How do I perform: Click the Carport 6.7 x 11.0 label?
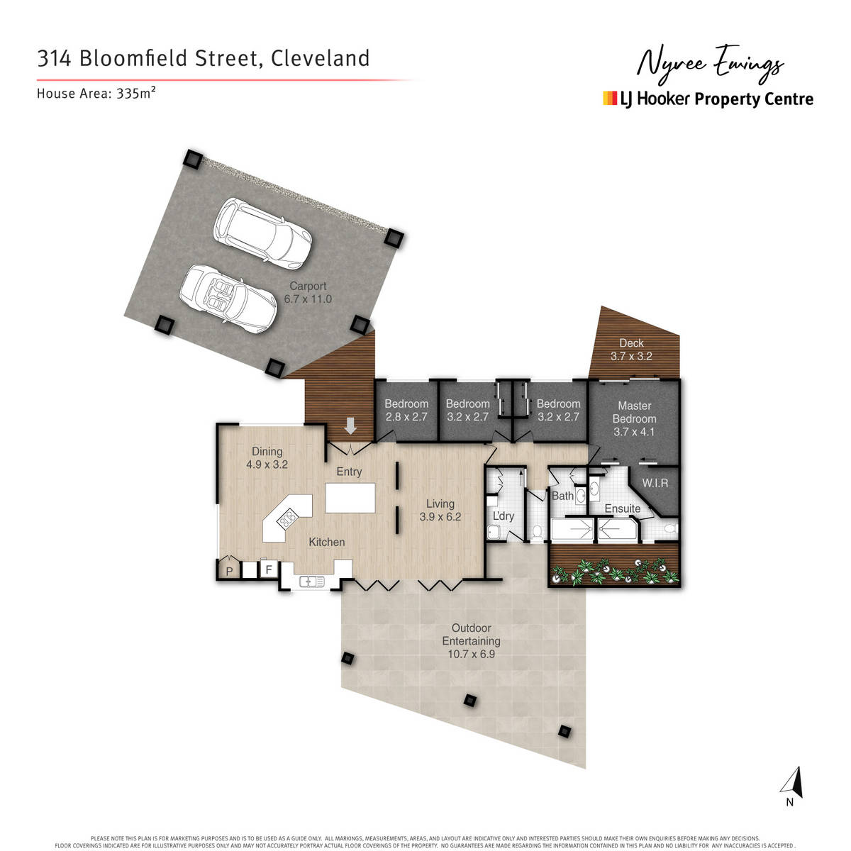click(x=308, y=292)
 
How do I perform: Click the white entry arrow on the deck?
click(x=350, y=426)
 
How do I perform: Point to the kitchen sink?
click(x=312, y=582)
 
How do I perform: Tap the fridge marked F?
click(x=269, y=569)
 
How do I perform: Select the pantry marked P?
click(x=229, y=570)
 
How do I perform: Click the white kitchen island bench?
click(x=350, y=497)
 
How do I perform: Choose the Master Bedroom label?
click(x=634, y=418)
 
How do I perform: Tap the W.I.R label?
click(x=655, y=483)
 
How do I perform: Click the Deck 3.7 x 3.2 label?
click(x=631, y=350)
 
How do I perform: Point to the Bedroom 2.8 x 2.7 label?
click(x=406, y=410)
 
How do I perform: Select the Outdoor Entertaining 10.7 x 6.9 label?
click(x=471, y=640)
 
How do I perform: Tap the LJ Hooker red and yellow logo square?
click(x=610, y=99)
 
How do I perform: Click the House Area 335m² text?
click(x=96, y=93)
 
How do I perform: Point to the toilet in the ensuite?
click(x=669, y=528)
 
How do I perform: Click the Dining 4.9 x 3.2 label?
click(x=267, y=457)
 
